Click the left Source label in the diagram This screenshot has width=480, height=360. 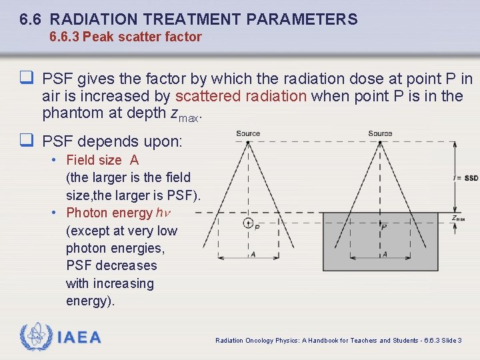pos(248,133)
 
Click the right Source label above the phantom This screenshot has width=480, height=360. pos(380,133)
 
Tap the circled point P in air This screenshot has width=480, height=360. pos(248,223)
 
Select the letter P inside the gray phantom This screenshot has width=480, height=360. pos(384,227)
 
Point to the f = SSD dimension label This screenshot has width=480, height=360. pos(465,178)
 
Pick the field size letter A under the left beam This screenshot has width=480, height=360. pos(252,254)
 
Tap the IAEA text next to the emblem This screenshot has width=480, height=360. pos(79,338)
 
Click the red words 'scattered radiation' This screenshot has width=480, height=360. pos(241,96)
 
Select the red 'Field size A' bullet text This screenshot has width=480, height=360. pos(102,160)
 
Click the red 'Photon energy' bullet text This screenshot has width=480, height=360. pos(109,213)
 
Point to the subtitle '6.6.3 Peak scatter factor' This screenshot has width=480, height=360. pos(125,37)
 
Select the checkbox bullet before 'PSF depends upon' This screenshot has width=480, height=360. pos(27,141)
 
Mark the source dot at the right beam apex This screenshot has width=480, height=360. pos(380,142)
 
